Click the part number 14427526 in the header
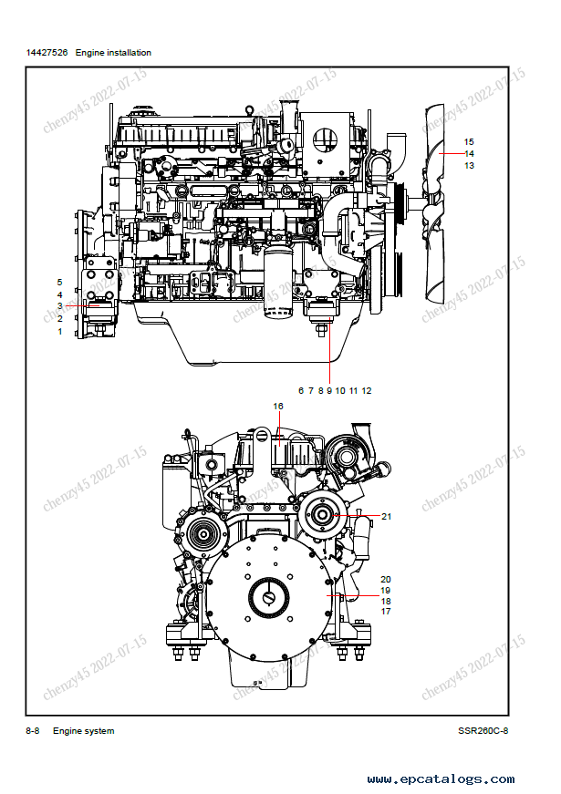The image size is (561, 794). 47,53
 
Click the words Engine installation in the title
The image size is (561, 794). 113,53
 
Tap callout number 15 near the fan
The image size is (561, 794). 469,141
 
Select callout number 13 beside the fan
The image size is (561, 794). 469,166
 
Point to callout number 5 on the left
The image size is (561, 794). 59,283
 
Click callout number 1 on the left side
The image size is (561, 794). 59,332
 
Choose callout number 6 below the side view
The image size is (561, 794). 300,390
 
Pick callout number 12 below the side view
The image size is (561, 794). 366,390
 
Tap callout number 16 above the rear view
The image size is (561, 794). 278,406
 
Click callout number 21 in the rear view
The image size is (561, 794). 386,517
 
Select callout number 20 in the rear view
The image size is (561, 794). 386,580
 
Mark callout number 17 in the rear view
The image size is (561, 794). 386,612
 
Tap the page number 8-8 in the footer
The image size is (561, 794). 32,731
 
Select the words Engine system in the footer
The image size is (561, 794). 84,731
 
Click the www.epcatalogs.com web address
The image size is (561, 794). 442,779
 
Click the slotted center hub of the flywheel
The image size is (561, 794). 270,597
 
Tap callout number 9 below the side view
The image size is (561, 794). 329,390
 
